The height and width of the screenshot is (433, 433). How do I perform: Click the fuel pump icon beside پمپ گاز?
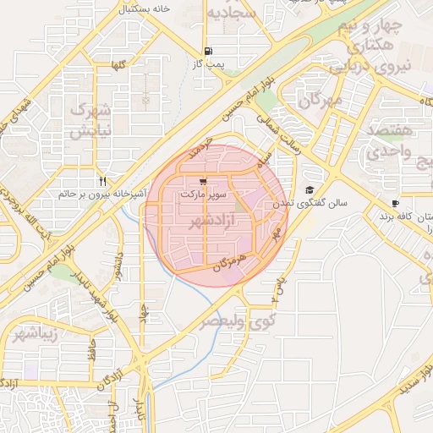coord(208,51)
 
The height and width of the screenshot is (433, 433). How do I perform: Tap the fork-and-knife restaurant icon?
coord(102,181)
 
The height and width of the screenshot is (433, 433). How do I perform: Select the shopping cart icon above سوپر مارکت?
coord(203,181)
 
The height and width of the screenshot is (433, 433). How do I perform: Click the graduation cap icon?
coord(310,190)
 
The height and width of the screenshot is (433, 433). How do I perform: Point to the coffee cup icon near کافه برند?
coord(395,203)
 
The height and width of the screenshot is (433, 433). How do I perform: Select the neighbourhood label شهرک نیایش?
coord(90,120)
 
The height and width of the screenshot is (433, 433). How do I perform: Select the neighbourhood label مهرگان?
coord(321,101)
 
